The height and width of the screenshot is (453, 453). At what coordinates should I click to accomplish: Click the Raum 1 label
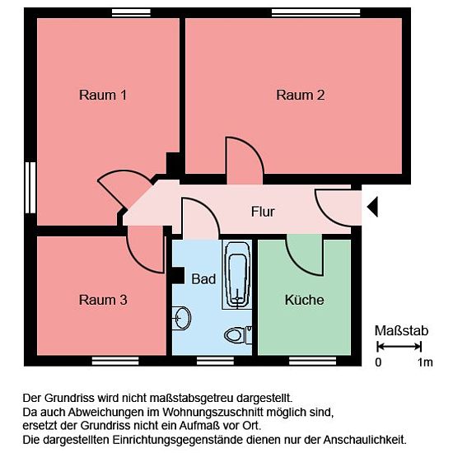point(103,95)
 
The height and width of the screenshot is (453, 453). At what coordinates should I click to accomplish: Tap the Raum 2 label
point(301,95)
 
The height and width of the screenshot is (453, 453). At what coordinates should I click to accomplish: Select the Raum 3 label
point(103,300)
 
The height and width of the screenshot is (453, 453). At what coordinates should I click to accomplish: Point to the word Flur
point(263,212)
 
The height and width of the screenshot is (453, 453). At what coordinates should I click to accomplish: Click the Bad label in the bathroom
point(203,279)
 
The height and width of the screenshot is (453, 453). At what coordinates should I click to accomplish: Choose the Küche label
point(304,300)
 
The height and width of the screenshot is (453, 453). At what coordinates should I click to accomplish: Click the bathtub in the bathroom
point(237,274)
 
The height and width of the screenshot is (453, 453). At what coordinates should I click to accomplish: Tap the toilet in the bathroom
point(238,335)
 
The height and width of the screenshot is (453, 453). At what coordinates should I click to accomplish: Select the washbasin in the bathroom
point(181,318)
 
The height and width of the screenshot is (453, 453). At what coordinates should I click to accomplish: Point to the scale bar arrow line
point(399,346)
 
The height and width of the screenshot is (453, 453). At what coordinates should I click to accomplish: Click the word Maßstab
point(401,331)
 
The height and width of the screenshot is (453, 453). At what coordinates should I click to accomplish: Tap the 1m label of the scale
point(425,362)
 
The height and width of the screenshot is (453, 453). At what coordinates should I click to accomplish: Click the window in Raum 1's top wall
point(131,12)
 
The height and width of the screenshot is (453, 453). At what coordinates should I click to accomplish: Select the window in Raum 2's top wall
point(315,12)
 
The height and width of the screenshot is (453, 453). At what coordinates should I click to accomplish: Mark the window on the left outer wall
point(30,188)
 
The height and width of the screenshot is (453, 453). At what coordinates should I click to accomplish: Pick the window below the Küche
point(313,361)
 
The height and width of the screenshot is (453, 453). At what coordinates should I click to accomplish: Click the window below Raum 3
point(115,361)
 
